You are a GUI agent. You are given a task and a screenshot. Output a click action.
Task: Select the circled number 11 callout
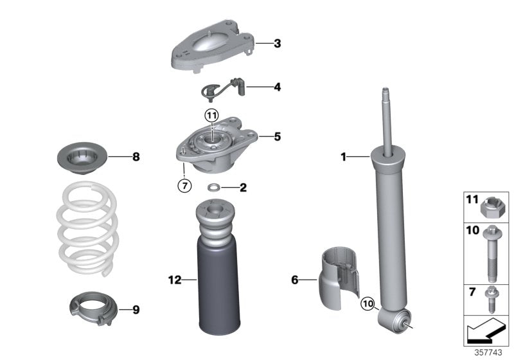point(212,116)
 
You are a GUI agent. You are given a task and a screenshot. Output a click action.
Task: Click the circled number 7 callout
point(184,186)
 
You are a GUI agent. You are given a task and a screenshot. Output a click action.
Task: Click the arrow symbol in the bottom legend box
point(486,332)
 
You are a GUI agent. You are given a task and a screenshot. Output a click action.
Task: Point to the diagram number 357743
point(490,353)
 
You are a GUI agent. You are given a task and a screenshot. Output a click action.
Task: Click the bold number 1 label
point(343,156)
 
